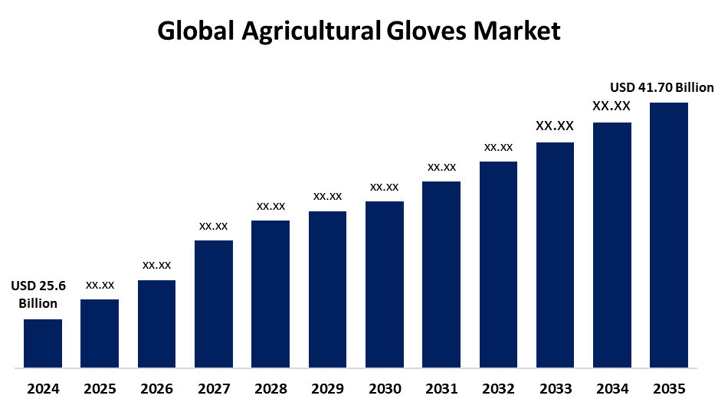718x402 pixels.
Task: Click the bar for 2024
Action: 43,343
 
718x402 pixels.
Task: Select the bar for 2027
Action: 214,304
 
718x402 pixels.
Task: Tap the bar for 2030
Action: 385,284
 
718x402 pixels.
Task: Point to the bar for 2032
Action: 498,264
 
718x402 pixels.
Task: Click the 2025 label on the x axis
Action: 100,388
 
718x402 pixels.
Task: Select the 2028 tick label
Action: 270,388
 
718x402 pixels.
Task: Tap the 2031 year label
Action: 441,388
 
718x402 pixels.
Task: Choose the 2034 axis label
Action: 612,388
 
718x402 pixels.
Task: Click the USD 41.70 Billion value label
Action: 662,87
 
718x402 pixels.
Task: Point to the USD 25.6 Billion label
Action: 38,295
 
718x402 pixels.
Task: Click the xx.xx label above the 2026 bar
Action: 156,265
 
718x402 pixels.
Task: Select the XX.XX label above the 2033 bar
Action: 555,126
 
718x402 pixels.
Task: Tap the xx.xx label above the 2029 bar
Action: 327,196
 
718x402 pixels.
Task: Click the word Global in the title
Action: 195,31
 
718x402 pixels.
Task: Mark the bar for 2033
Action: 555,255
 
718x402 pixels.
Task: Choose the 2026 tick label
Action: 156,388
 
